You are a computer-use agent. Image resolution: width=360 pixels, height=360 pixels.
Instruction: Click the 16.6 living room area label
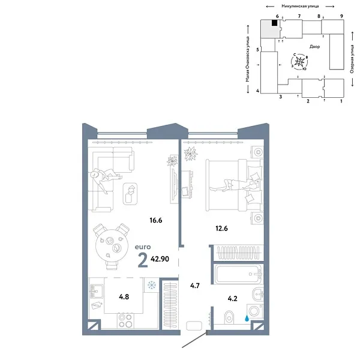pos(157,220)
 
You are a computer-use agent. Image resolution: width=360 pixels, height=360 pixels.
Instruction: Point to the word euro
pos(143,247)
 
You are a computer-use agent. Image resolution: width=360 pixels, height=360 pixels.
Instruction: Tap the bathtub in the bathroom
pos(236,277)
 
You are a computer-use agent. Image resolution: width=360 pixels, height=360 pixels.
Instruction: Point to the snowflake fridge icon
pos(152,284)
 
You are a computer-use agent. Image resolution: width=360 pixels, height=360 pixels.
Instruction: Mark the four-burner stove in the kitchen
pos(125,321)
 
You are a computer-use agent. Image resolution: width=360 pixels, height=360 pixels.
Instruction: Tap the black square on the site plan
pos(275,23)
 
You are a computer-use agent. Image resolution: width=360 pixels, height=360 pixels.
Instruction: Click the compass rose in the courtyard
pos(301,61)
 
